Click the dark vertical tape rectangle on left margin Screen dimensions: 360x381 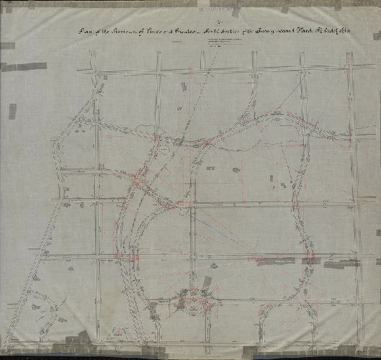pyautogui.click(x=12, y=111)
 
